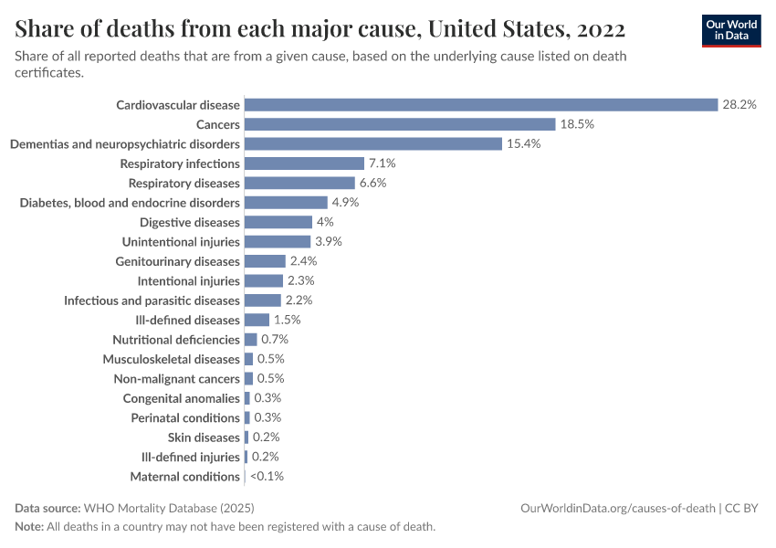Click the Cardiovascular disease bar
tap(481, 105)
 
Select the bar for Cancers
tap(400, 124)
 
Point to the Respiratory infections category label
tap(180, 163)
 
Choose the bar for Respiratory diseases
tap(299, 183)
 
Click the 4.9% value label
tap(345, 203)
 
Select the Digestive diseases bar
tap(278, 222)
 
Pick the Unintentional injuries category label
tap(181, 242)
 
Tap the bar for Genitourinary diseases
tap(265, 261)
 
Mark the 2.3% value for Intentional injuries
tap(300, 281)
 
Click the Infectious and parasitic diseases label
tap(152, 300)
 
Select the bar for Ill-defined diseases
tap(257, 320)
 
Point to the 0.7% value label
tap(275, 340)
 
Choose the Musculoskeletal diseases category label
tap(171, 359)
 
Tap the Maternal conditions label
tap(184, 477)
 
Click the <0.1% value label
tap(267, 477)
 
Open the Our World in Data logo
tap(731, 30)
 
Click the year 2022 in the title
tap(599, 29)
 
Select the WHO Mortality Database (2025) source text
tap(168, 508)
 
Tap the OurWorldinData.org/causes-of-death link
tap(617, 508)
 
